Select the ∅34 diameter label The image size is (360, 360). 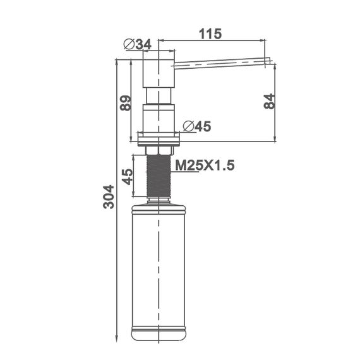click(138, 44)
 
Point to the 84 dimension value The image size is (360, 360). click(268, 102)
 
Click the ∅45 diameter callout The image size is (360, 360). click(196, 126)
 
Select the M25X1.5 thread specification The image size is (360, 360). click(205, 165)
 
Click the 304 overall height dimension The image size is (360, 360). click(109, 196)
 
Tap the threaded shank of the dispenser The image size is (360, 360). click(158, 176)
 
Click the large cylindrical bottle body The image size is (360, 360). click(158, 265)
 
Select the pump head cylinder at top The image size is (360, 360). click(158, 69)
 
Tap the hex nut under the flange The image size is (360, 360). click(158, 149)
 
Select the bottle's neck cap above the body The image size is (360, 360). click(158, 200)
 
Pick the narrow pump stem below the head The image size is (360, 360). click(158, 96)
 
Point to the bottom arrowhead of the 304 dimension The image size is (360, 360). click(118, 335)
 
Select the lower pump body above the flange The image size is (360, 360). click(158, 119)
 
